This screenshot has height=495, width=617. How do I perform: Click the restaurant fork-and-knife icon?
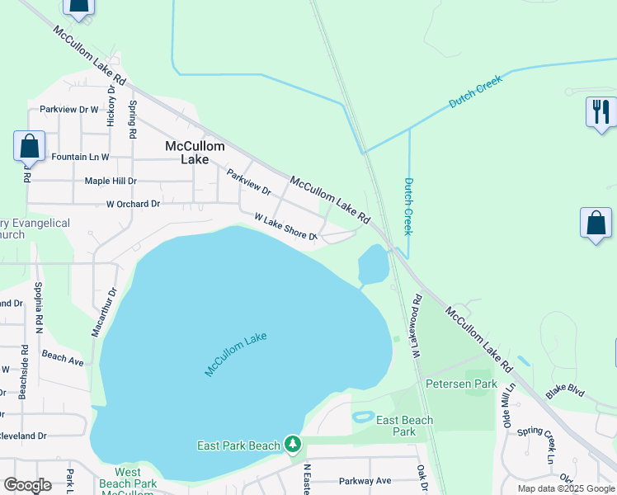(601, 111)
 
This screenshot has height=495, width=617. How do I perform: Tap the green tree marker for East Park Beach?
(292, 445)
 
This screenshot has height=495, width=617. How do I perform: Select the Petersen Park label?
(461, 384)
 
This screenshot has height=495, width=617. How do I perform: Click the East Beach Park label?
(404, 426)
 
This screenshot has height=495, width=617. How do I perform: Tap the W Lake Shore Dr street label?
(285, 228)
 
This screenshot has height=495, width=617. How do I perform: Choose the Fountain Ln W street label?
(80, 156)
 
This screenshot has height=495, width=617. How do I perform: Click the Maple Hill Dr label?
(111, 181)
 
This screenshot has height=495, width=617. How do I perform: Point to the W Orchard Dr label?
(133, 204)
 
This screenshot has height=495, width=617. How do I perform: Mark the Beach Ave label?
(63, 360)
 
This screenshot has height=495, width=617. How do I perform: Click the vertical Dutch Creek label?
(407, 206)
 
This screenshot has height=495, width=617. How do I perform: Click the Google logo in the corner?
(27, 485)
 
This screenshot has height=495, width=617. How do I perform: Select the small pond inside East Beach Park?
(363, 417)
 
